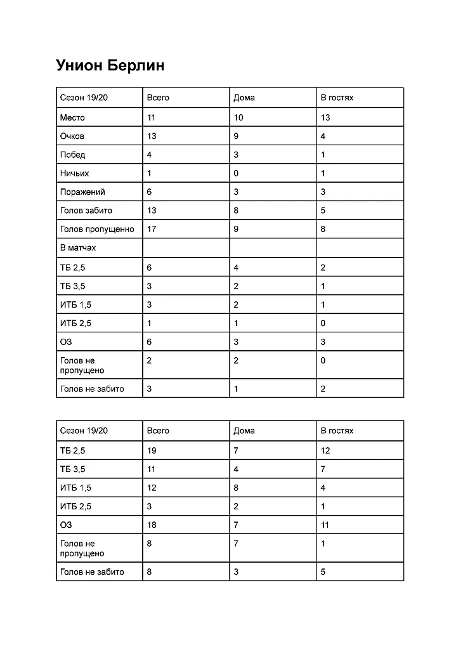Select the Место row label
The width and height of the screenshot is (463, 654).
pyautogui.click(x=72, y=117)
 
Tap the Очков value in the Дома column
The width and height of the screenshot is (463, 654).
pyautogui.click(x=236, y=136)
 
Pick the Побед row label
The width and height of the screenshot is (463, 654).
pyautogui.click(x=72, y=155)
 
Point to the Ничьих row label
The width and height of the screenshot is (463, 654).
pyautogui.click(x=74, y=173)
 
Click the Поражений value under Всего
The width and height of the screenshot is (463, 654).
pyautogui.click(x=149, y=192)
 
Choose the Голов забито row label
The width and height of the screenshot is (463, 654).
pyautogui.click(x=86, y=211)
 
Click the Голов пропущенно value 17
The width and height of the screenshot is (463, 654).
pyautogui.click(x=152, y=229)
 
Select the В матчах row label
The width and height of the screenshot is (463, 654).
pyautogui.click(x=78, y=248)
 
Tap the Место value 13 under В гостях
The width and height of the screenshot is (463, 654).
pyautogui.click(x=325, y=117)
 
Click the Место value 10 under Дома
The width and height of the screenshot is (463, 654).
pyautogui.click(x=238, y=117)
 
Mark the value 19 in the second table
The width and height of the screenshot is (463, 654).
pyautogui.click(x=152, y=450)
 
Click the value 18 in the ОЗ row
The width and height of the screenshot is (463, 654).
pyautogui.click(x=152, y=525)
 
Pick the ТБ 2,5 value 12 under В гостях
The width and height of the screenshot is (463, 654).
pyautogui.click(x=325, y=450)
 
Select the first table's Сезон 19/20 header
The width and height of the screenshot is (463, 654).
pyautogui.click(x=84, y=98)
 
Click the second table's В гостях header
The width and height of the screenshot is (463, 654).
pyautogui.click(x=337, y=431)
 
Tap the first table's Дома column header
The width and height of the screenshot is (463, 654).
pyautogui.click(x=244, y=98)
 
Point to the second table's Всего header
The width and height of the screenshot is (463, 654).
pyautogui.click(x=158, y=431)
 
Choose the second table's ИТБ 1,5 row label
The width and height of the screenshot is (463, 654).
pyautogui.click(x=75, y=488)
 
